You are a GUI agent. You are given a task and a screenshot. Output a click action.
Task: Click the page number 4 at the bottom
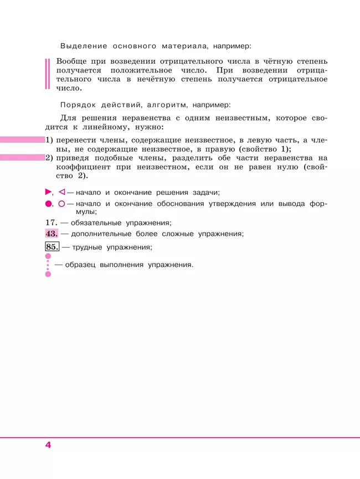point(48,445)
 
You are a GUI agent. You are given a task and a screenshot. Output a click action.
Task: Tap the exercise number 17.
point(50,223)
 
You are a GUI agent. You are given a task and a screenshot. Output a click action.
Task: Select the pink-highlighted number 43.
point(52,234)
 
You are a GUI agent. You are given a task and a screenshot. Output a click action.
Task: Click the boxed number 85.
point(52,247)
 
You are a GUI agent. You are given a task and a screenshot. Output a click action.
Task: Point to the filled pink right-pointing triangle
point(48,192)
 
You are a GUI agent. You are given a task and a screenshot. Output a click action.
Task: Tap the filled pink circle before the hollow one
point(48,204)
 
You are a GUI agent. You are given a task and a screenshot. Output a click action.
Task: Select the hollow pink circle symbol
point(61,204)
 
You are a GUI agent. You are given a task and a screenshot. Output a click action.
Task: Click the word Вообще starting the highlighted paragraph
point(71,61)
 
